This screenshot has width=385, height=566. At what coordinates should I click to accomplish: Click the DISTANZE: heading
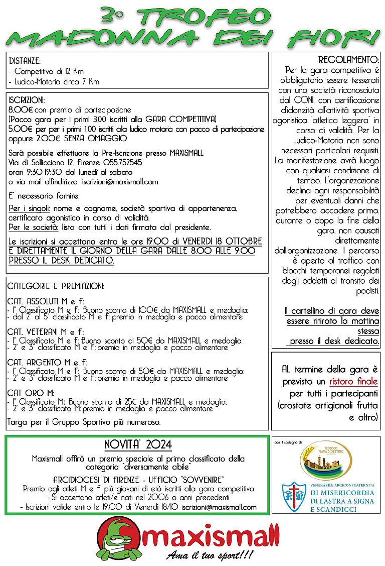[x=25, y=61]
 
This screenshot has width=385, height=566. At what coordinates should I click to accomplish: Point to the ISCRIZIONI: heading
[x=27, y=100]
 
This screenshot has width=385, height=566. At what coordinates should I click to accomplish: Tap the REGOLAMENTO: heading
[x=349, y=59]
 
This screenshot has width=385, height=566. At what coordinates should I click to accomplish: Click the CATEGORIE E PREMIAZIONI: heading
[x=56, y=286]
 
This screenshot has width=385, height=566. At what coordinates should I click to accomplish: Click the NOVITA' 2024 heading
[x=138, y=445]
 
